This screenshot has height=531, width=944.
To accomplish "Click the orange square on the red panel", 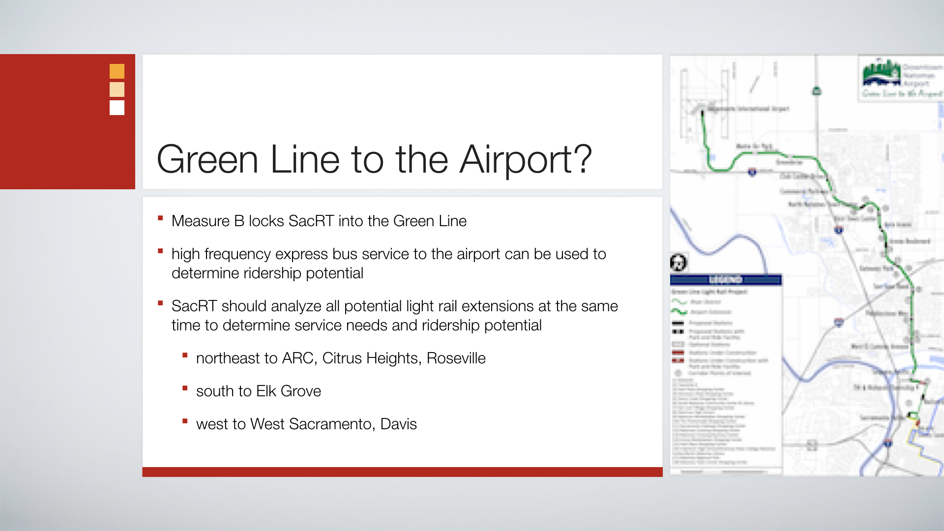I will [117, 71].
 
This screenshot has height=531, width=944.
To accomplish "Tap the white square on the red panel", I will [117, 108].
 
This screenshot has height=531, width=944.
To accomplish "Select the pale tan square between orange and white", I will [117, 89].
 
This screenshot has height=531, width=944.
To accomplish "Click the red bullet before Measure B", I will [160, 218].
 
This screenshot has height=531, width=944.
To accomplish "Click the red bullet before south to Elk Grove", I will [185, 388].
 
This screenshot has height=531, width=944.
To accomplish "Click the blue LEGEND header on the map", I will [725, 280].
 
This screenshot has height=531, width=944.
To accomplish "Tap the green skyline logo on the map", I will [882, 74].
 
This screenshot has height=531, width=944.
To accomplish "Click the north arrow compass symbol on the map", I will [678, 263].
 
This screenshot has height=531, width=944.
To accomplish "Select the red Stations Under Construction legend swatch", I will [678, 353].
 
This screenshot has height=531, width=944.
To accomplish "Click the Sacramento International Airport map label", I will [749, 109].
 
